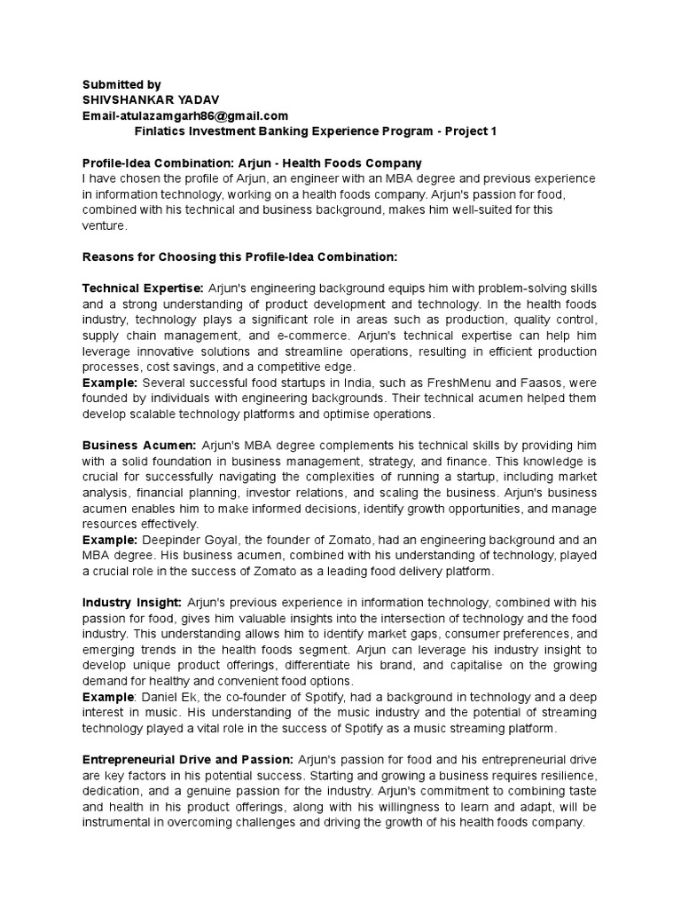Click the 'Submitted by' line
point(122,83)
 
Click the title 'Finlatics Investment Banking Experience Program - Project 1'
point(315,130)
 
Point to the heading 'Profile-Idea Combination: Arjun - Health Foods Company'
point(252,163)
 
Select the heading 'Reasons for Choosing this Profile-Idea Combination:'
point(239,257)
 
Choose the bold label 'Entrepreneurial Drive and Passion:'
point(187,760)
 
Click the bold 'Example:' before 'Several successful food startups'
point(109,383)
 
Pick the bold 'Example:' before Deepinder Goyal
point(109,539)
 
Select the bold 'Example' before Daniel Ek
point(107,697)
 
